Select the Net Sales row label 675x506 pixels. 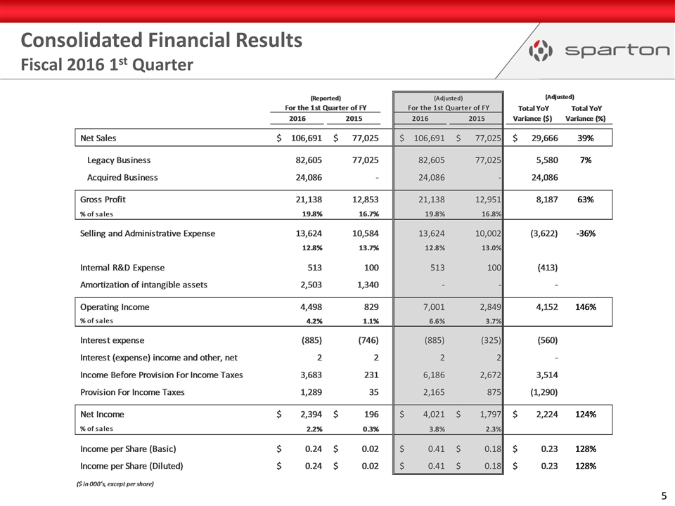[x=101, y=138]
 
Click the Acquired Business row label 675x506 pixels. [x=122, y=177]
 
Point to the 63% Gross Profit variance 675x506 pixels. [x=585, y=199]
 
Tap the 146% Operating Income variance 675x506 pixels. [x=585, y=306]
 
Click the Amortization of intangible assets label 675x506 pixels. [x=143, y=285]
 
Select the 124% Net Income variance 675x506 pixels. [x=585, y=414]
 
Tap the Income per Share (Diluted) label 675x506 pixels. [x=132, y=465]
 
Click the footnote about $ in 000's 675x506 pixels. [x=115, y=484]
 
